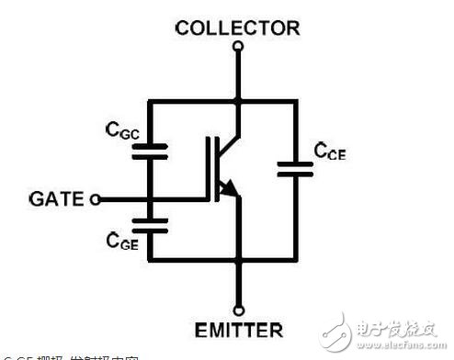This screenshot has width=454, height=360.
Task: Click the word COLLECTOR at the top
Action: tap(237, 28)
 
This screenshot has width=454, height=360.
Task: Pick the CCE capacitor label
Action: tap(330, 151)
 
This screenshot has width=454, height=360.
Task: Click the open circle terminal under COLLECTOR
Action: tap(238, 44)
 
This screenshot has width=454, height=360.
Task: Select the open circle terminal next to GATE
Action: tap(95, 198)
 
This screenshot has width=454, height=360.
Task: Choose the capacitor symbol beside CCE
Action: tap(296, 169)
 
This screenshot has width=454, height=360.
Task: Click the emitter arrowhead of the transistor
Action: tap(231, 190)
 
